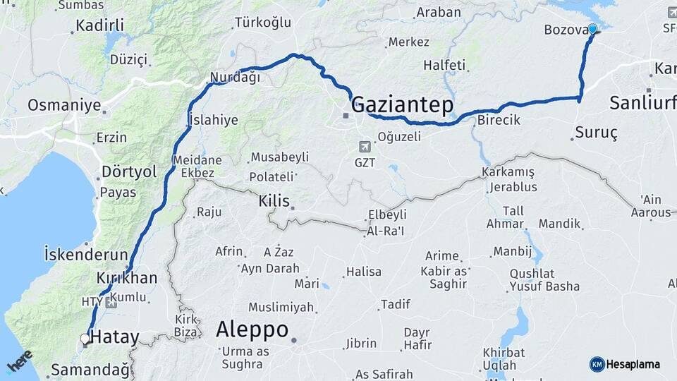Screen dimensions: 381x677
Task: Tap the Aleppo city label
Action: point(252,329)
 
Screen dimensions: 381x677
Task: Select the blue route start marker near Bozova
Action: point(592,29)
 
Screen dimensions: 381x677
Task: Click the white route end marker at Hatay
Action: point(85,339)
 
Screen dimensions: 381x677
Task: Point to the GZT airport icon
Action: point(365,147)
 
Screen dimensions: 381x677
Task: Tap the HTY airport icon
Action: point(111,302)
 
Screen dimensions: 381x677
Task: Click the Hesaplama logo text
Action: point(633,364)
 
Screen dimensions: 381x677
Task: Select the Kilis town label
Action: point(274,201)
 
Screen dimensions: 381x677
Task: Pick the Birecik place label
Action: point(499,120)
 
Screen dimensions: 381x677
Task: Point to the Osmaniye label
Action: point(64,106)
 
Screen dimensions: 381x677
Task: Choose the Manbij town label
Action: point(512,251)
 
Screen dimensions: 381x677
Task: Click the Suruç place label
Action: point(596,133)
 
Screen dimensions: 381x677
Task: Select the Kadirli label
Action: point(99,25)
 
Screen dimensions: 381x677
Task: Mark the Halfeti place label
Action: point(444,65)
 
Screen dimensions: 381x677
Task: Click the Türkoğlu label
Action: point(263,23)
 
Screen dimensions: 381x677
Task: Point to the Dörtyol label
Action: point(129,171)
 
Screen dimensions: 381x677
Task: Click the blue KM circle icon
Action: point(597,364)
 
